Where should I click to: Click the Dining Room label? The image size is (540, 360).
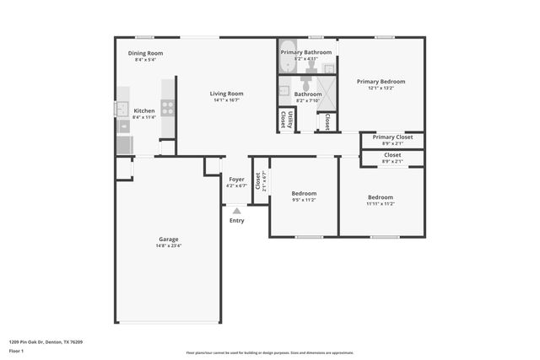coord(145,53)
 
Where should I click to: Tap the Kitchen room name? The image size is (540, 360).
coord(144,110)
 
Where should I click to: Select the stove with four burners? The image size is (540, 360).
coord(168,108)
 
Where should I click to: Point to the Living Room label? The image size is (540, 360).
coord(227,94)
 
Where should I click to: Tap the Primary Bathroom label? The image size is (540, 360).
coord(306,52)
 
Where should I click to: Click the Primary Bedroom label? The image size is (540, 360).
coord(381,82)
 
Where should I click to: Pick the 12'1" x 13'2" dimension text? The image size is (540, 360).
coord(381,88)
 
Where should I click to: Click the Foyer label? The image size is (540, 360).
coord(236,180)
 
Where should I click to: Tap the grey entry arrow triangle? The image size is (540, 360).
coord(236,211)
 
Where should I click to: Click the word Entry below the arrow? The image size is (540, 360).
coord(236,221)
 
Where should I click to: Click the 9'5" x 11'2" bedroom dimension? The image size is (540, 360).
coord(304,201)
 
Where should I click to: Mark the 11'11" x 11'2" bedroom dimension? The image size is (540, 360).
coord(380,203)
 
